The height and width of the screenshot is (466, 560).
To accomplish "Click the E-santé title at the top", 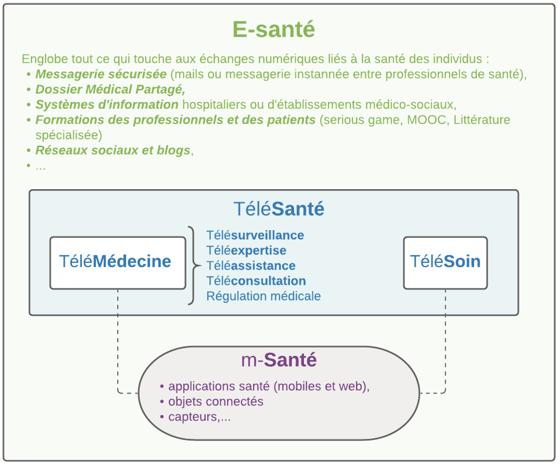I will click(274, 29).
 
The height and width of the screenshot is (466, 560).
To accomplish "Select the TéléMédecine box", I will click(117, 262).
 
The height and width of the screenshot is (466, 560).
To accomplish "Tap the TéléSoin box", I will click(445, 262).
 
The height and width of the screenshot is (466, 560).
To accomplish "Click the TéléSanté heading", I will click(279, 209).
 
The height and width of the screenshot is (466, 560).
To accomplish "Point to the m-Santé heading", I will click(279, 360).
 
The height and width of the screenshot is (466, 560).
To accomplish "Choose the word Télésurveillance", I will click(255, 235).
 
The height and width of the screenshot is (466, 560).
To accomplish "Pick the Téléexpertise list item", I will click(247, 250).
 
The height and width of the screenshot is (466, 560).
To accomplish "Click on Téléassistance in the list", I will click(251, 265).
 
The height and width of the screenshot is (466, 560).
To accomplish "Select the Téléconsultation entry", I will click(256, 280).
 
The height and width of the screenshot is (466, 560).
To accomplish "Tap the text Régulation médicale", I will click(264, 296).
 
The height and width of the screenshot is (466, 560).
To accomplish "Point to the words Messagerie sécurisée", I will click(101, 74).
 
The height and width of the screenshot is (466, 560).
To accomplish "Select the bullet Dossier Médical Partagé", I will click(110, 89).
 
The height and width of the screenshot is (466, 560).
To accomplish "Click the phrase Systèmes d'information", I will click(107, 105).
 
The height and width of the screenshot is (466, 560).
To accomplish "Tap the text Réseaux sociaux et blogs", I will click(113, 150).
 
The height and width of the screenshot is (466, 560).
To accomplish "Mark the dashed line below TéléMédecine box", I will click(117, 339).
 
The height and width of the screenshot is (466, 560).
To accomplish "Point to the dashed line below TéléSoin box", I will click(445, 339).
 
